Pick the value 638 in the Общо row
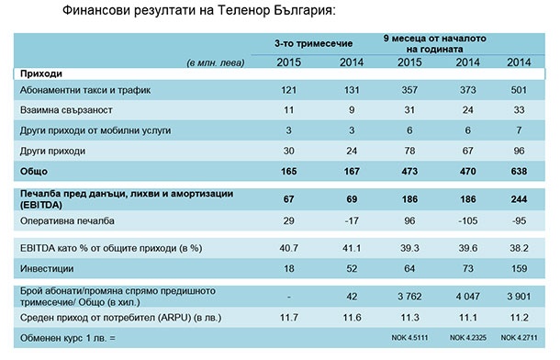click(x=516, y=171)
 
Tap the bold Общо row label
click(x=34, y=171)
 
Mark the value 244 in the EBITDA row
click(x=516, y=197)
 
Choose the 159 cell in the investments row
click(x=516, y=268)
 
